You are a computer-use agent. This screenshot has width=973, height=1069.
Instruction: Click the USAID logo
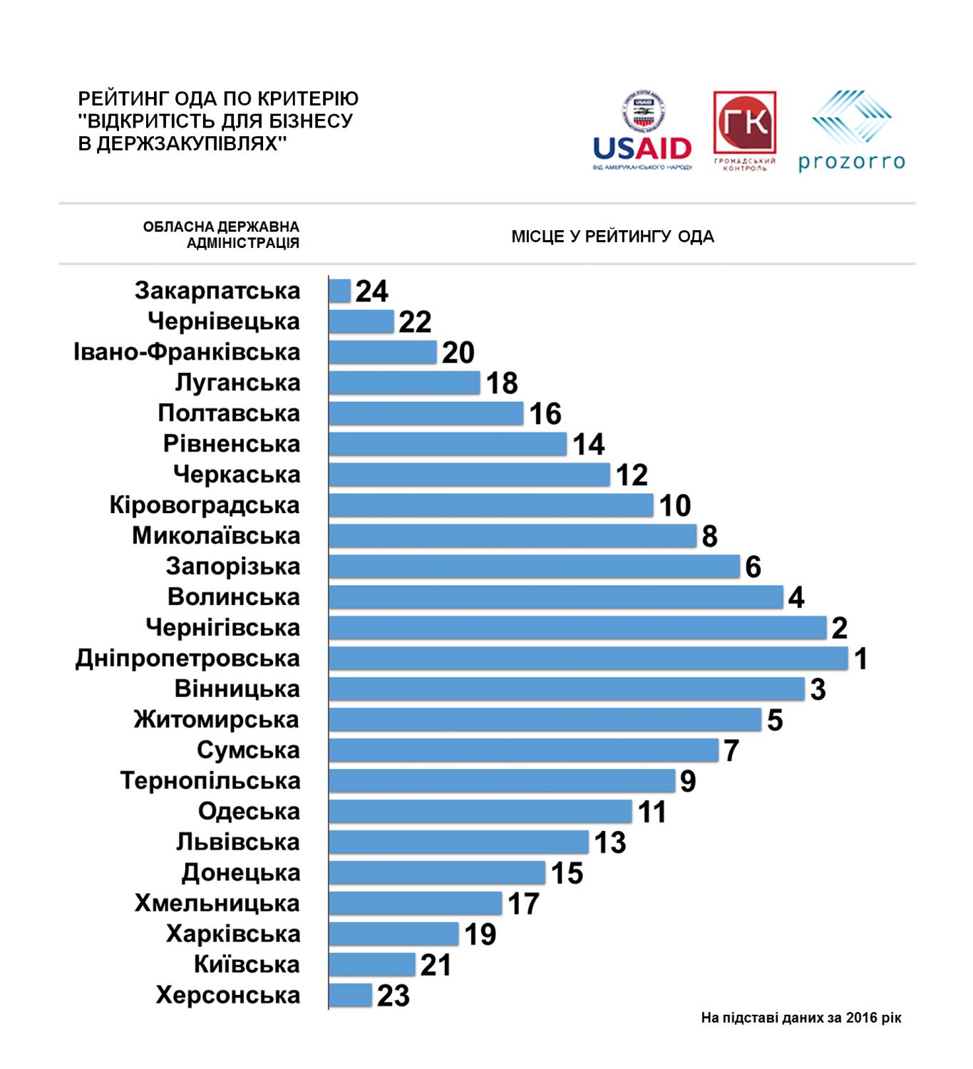click(642, 131)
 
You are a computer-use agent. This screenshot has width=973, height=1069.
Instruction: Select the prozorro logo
click(851, 131)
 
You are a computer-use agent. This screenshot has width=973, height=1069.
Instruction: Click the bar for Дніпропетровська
click(588, 658)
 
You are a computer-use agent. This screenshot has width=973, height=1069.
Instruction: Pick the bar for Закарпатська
click(340, 291)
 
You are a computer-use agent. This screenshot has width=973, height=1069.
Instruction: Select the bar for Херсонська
click(351, 995)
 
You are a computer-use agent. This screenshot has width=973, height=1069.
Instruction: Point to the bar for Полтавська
click(426, 413)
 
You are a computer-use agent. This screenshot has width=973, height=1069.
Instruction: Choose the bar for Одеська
click(480, 811)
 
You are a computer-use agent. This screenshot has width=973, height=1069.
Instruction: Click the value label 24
click(372, 291)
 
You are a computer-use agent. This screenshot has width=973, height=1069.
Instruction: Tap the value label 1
click(861, 659)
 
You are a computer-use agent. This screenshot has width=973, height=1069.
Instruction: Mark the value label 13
click(610, 842)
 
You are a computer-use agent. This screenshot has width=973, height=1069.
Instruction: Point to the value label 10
click(675, 505)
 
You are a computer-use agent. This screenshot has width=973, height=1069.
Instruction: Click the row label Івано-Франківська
click(187, 352)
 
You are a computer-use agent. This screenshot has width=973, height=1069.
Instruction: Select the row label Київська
click(247, 964)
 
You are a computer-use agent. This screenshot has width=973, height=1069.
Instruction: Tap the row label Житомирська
click(217, 720)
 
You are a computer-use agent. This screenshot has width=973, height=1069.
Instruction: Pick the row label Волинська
click(234, 597)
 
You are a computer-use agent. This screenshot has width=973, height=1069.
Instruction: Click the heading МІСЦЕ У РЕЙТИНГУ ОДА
click(612, 237)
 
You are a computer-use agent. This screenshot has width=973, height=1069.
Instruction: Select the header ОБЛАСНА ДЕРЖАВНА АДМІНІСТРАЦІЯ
click(221, 234)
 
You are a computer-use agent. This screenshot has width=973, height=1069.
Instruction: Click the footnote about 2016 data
click(801, 1018)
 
